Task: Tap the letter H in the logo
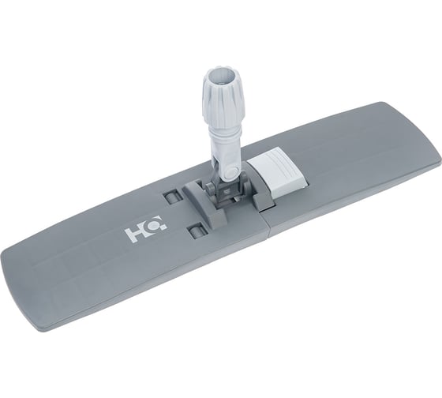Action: [x=135, y=233]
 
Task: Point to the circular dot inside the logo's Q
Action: [x=155, y=224]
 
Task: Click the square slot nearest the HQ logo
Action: [x=196, y=230]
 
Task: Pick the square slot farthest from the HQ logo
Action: [x=172, y=197]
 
